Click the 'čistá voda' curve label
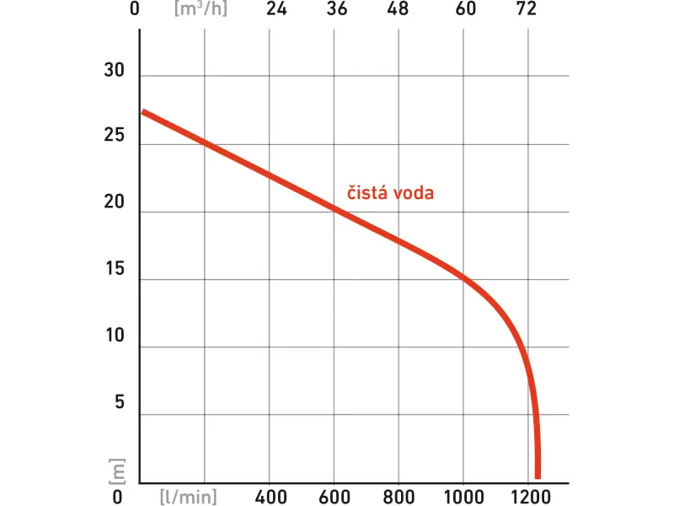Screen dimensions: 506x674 [x=391, y=193]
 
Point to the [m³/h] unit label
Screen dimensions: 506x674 [x=200, y=10]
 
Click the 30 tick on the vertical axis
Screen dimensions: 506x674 [x=114, y=72]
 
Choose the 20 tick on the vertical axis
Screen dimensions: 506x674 [x=114, y=203]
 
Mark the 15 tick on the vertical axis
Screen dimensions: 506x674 [x=114, y=270]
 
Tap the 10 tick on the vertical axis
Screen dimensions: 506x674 [x=114, y=336]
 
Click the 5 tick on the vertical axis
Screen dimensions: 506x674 [x=119, y=402]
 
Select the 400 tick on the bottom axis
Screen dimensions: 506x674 [x=270, y=495]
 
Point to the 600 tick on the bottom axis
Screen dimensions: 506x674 [x=335, y=495]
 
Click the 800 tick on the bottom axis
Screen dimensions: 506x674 [x=399, y=495]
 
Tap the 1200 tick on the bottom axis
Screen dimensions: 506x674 [x=528, y=495]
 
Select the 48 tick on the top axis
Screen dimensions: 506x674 [x=399, y=10]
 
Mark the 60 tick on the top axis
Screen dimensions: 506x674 [x=465, y=10]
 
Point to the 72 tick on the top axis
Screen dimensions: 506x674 [x=526, y=10]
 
